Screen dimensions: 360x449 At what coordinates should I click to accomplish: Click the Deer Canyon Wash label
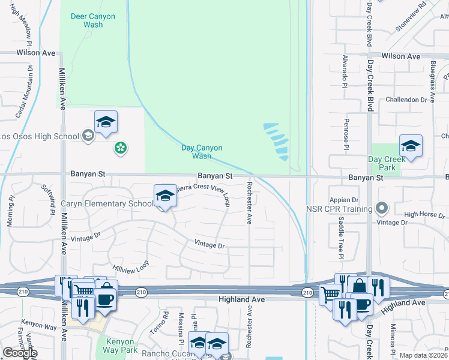pos(92,20)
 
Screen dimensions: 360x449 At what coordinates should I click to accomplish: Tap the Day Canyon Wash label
pos(202,152)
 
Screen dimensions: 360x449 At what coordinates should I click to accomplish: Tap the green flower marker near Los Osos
pos(121,147)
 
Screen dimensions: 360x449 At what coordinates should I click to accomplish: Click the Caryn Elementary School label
pos(107,203)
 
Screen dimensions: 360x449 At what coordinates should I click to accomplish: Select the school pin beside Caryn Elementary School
pos(165,196)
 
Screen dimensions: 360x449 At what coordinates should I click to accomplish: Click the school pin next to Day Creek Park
pos(411,146)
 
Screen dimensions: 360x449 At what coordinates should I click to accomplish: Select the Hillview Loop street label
pos(130,266)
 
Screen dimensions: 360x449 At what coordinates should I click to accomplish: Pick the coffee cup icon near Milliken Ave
pos(105,299)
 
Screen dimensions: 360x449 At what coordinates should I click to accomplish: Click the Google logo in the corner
pos(19,353)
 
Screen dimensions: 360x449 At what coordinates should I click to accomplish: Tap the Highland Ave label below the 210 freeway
pos(242,299)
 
